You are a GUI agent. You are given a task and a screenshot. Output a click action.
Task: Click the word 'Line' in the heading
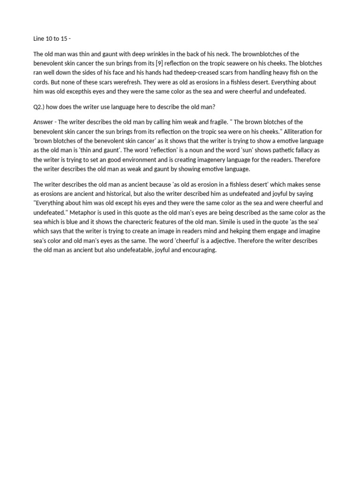[39, 38]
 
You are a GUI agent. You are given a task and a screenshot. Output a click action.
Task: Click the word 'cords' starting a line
[41, 82]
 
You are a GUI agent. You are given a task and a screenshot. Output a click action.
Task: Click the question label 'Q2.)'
[40, 107]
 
